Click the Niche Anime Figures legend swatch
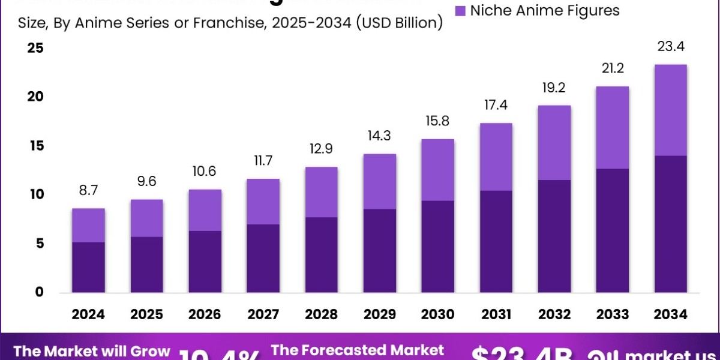pos(461,11)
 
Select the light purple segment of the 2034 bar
pos(670,110)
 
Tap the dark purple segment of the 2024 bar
pos(88,267)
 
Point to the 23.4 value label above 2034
pos(670,47)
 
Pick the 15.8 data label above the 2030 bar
pos(438,122)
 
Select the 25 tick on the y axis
pos(35,48)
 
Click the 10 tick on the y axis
pos(35,194)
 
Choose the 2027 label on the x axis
pos(263,314)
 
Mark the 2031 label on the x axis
pos(496,314)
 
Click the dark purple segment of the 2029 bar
pos(379,251)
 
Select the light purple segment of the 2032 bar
pos(554,142)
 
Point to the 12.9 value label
pos(321,149)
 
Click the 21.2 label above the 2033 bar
pos(613,68)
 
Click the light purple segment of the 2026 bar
pos(205,210)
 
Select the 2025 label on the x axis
pos(146,314)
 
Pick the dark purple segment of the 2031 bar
pos(496,241)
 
